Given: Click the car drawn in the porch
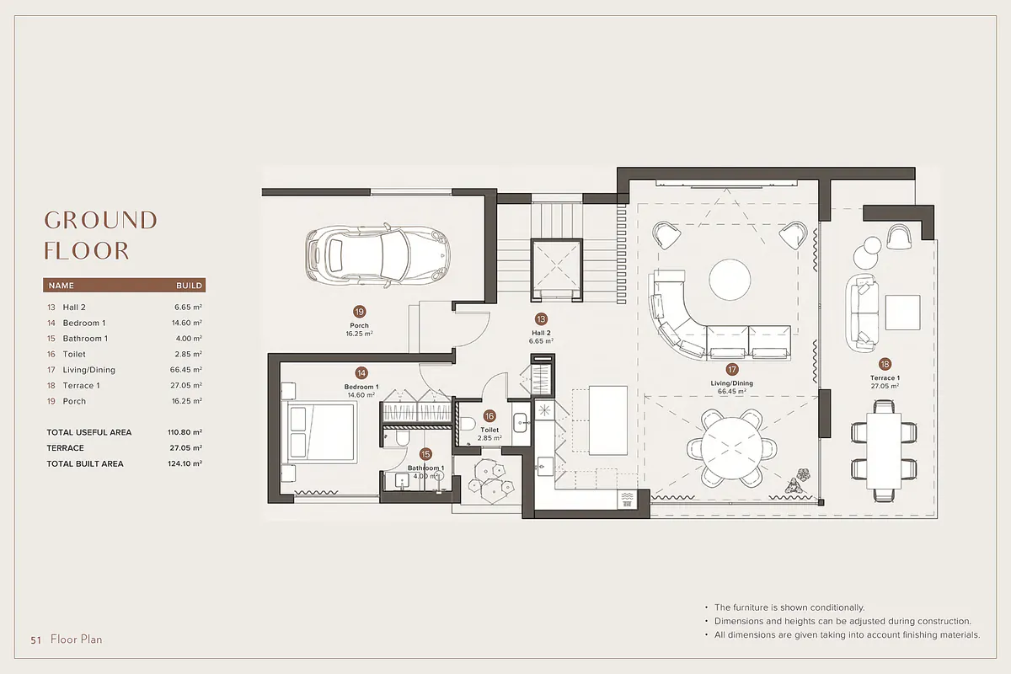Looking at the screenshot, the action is tap(377, 255).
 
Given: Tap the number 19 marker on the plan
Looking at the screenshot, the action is tap(359, 312).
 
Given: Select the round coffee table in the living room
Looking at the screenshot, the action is tap(730, 280).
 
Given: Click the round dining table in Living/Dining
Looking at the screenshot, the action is tap(732, 447).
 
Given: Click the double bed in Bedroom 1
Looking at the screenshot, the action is tap(319, 433).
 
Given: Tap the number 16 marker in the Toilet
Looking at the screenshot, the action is tap(489, 416).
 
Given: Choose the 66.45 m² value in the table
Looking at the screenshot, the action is tap(186, 370).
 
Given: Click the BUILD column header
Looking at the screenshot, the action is tap(189, 286).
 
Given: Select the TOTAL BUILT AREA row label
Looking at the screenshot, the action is tap(85, 463).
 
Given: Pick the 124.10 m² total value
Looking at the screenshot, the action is tap(185, 463).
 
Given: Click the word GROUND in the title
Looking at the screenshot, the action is tap(100, 220).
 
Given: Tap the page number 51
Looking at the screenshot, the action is tap(35, 640).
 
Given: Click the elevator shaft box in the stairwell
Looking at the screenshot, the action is tap(557, 270).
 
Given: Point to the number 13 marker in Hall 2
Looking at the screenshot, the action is tap(541, 319).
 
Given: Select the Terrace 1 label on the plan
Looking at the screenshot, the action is tap(885, 377).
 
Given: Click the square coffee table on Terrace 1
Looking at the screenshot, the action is tap(902, 313).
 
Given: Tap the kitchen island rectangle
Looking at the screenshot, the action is tap(608, 420).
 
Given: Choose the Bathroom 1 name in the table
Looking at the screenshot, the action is tap(85, 339).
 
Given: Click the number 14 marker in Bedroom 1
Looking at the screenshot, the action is tap(361, 373).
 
